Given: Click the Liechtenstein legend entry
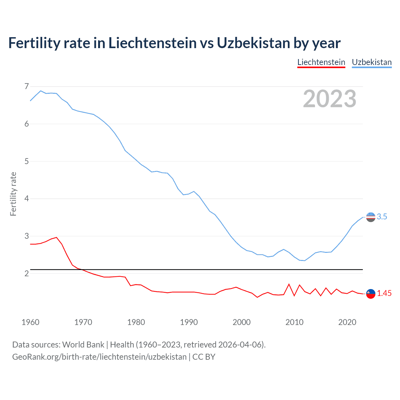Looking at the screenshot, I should tap(321, 62).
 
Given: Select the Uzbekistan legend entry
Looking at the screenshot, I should tap(372, 62).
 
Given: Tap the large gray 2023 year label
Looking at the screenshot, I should tap(329, 99).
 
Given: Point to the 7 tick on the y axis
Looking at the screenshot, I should tap(27, 86).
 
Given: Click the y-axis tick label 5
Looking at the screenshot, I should tap(27, 161).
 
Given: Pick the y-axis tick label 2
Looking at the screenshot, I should tap(27, 273).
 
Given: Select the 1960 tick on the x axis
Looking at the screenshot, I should tap(30, 322).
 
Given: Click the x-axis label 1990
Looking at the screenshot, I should tap(189, 322).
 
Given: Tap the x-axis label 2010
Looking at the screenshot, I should tap(294, 322).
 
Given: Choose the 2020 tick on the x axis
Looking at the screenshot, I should tap(347, 322).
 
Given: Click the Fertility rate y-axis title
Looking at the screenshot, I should tap(13, 194).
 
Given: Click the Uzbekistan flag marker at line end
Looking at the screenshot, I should tap(371, 217).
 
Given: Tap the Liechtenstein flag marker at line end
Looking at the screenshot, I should tap(371, 294).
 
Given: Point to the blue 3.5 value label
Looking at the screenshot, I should tap(382, 217).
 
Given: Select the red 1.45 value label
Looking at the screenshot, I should tap(384, 293).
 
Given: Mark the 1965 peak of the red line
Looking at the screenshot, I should tap(57, 237).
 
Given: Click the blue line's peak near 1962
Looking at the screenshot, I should tap(41, 91).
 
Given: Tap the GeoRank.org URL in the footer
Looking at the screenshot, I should tap(99, 357).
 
